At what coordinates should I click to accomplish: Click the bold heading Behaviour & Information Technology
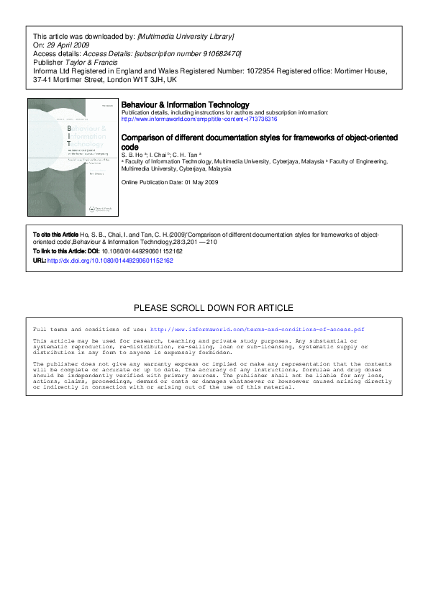point(186,105)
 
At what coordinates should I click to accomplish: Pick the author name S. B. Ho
point(132,154)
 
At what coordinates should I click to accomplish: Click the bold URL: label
point(40,261)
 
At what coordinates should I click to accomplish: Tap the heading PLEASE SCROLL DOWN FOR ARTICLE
point(214,308)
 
